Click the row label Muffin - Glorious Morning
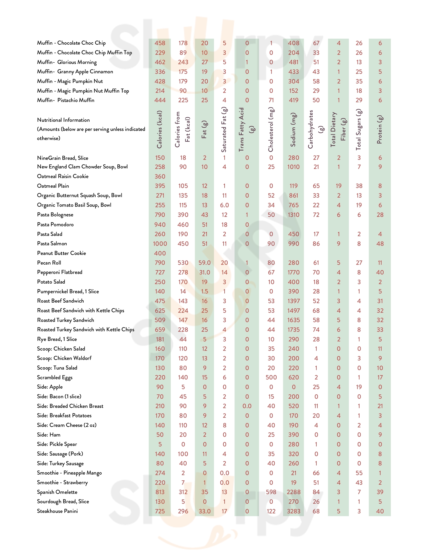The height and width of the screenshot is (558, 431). pos(67,62)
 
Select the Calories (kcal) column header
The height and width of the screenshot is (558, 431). pos(159,129)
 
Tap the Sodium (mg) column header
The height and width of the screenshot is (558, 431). pos(293,130)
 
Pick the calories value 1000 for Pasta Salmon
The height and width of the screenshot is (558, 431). pos(160,244)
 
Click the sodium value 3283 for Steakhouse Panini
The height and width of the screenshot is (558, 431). pos(293,511)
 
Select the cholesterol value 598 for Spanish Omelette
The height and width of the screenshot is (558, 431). pos(271,492)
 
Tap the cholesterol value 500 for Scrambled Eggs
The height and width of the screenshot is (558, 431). pos(271,377)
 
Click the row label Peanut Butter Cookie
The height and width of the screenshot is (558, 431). pos(61,253)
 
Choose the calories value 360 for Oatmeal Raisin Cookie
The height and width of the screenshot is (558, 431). pos(160,177)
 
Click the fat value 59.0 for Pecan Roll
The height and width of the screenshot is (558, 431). pos(205,263)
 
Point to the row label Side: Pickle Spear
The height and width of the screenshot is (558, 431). pos(57,444)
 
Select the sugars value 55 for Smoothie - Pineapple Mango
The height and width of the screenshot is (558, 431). pos(359,473)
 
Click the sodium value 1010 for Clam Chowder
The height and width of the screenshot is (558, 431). pos(293,167)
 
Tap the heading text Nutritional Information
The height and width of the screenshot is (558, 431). pos(63,120)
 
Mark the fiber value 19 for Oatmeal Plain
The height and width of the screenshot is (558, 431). pos(338,186)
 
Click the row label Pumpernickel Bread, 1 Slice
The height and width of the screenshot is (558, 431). pos(68,291)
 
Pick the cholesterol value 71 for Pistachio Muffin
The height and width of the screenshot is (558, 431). pos(271,100)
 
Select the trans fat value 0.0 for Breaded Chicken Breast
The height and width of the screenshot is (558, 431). pos(247,406)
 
